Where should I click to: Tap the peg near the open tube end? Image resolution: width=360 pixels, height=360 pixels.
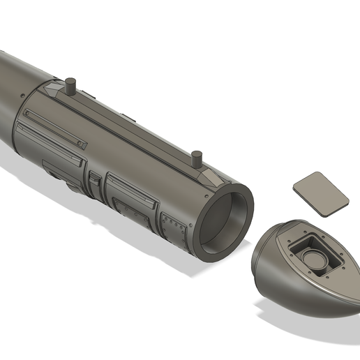click(197, 158)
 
